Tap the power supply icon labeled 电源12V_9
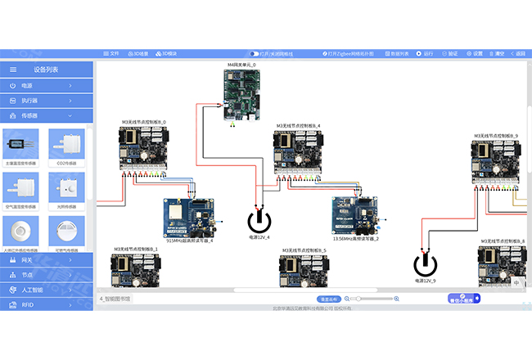pos(425,264)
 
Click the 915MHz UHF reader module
pos(190,218)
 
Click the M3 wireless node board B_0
pos(143,149)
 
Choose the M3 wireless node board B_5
pos(304,271)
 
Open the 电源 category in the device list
pos(47,85)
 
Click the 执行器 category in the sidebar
pos(47,101)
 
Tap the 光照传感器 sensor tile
pos(67,192)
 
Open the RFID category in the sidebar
pos(47,304)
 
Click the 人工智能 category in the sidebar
pos(47,290)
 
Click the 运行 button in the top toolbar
pos(426,53)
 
